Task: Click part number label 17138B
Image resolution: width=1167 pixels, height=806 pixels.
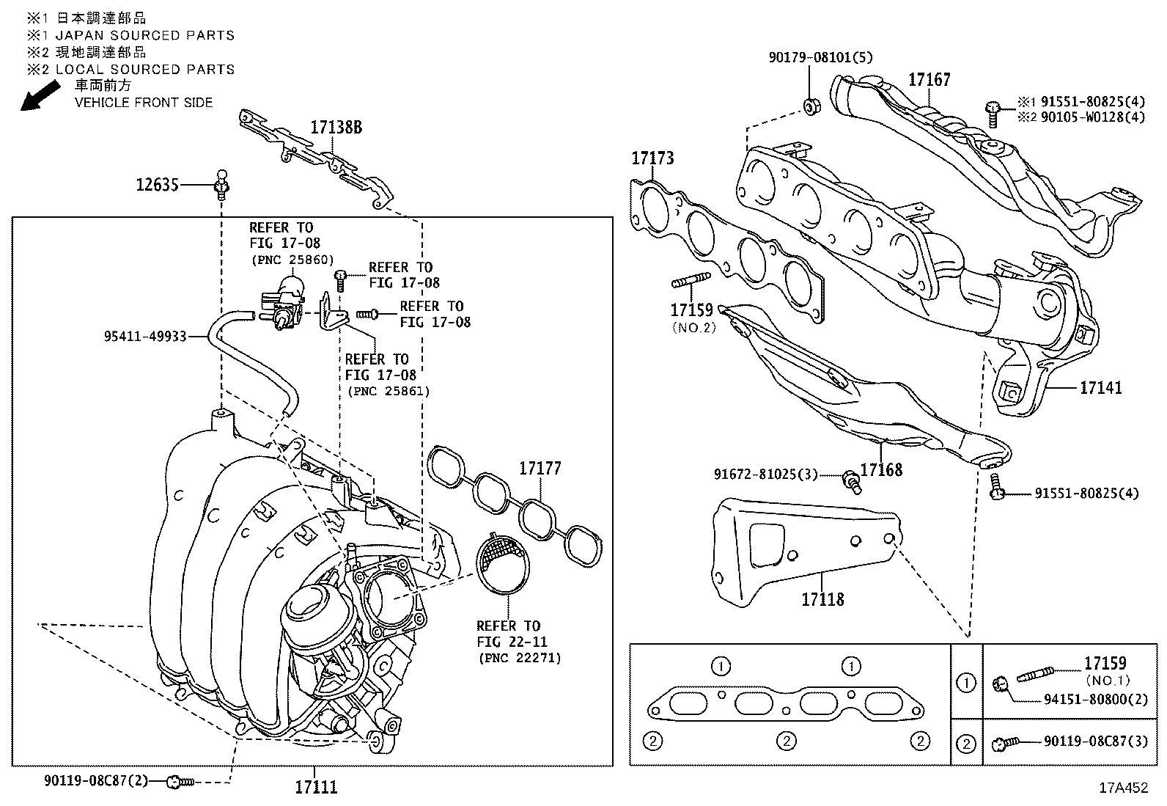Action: coord(336,127)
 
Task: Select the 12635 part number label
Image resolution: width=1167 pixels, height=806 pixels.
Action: coord(157,186)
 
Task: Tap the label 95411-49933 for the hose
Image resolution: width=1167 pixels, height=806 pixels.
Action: coord(144,337)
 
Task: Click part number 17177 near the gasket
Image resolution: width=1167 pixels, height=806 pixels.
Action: coord(540,468)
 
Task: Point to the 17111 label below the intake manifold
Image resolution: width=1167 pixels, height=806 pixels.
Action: coord(316,788)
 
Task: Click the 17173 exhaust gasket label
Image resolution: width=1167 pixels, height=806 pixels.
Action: coord(653,158)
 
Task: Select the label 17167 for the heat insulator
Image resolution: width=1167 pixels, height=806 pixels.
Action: coord(929,79)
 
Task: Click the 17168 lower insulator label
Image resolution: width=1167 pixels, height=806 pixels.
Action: coord(881,469)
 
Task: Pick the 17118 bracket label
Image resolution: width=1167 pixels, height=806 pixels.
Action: coord(822,599)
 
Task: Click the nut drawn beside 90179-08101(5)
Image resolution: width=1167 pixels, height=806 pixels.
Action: coord(810,106)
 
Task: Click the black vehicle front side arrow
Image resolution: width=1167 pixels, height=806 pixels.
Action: coord(40,96)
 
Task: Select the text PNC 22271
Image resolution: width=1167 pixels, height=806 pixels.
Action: coord(520,658)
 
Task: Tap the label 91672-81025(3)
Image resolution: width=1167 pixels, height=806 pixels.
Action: coord(765,475)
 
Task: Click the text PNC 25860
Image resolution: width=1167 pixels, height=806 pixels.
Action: coord(292,260)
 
